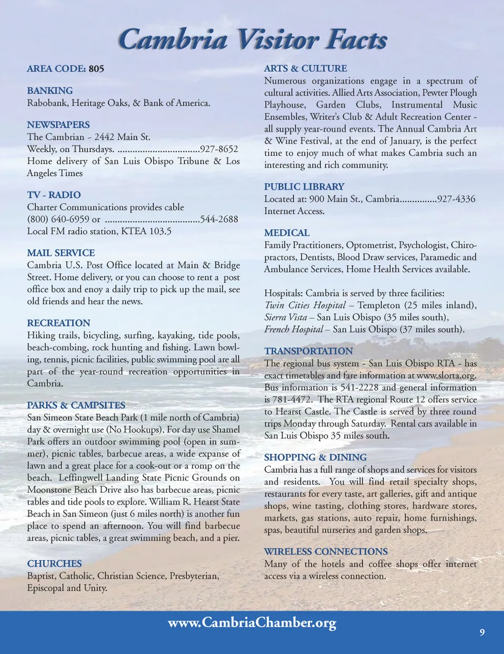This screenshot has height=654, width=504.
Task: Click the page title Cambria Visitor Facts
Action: pos(253,39)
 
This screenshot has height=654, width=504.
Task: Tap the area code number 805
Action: pos(96,69)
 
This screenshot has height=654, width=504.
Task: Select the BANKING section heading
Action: pos(50,91)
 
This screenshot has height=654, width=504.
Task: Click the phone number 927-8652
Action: pos(219,149)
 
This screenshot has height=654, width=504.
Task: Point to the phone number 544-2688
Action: pos(219,219)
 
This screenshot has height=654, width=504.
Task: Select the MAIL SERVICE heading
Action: pos(61,253)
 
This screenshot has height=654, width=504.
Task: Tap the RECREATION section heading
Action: pos(59,323)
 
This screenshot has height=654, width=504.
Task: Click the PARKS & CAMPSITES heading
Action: pos(76,405)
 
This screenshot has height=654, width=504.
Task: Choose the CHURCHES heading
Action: pos(55,564)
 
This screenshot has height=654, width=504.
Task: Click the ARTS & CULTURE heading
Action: pos(306,68)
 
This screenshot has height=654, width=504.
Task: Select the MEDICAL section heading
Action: pos(287,233)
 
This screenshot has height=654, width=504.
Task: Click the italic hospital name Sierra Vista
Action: pos(286,317)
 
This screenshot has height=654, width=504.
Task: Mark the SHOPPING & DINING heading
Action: pos(316,457)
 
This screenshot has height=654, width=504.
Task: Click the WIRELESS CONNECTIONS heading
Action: pos(326,552)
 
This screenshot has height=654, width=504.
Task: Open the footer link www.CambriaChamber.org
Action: pos(252,623)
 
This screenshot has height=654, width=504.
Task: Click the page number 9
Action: pos(482,632)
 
